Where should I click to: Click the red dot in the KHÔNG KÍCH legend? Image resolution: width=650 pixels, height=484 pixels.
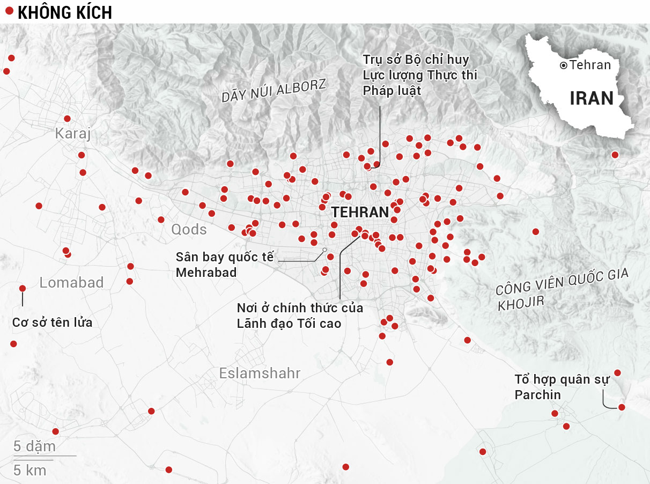point(9,11)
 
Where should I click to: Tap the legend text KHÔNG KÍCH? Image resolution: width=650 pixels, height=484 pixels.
point(65,12)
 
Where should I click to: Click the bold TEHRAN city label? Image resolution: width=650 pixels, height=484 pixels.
point(359,212)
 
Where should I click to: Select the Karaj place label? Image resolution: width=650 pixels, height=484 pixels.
point(73,134)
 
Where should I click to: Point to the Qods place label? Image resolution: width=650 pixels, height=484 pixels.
point(189,230)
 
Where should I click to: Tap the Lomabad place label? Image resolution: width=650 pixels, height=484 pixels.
point(71,282)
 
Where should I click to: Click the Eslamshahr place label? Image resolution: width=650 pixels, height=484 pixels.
point(260,373)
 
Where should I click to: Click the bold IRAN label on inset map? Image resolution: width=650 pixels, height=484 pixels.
point(591,98)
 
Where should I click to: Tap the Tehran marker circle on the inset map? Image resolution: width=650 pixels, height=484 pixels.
point(563,65)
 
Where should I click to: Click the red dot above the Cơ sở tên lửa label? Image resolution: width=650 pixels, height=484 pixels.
point(23,288)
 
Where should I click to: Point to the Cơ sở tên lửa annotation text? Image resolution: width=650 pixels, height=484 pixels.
point(52,322)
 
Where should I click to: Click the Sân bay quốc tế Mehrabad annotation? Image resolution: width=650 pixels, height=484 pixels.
point(224,264)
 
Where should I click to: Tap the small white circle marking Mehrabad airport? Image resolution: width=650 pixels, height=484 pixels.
point(324,250)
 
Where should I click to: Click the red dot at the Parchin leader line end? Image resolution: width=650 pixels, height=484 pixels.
point(622,407)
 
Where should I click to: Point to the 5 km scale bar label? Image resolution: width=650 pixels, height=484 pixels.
point(29,471)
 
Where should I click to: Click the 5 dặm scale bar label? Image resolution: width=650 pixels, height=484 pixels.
point(34,446)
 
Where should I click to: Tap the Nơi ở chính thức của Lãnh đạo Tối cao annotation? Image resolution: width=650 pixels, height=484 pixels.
point(300,316)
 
